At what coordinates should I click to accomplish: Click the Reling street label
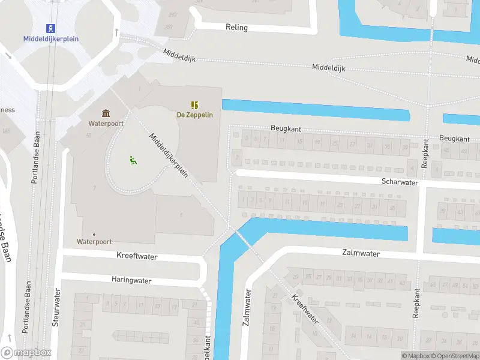236,28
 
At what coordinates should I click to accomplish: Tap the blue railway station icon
51,28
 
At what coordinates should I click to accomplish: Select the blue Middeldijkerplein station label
51,39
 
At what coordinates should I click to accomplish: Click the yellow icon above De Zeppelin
194,105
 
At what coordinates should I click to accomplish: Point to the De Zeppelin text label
194,115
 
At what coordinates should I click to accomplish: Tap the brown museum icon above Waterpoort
106,113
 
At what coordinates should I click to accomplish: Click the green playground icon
133,160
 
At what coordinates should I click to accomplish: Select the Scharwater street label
399,181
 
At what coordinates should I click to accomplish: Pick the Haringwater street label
131,280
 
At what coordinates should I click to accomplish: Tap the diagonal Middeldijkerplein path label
169,155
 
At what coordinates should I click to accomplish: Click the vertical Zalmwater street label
246,308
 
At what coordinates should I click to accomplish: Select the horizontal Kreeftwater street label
137,256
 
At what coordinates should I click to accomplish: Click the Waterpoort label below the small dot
94,242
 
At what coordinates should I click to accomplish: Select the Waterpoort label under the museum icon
106,124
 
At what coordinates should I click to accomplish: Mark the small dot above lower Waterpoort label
94,234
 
